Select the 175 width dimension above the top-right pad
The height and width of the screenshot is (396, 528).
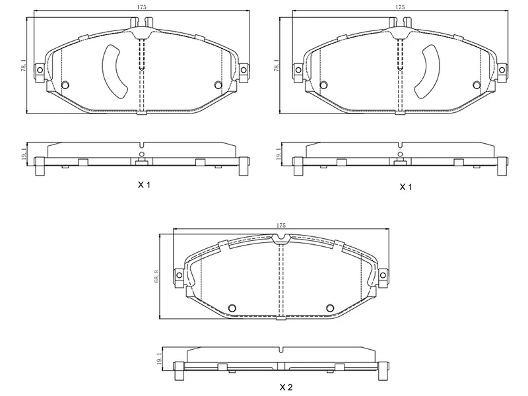[x=399, y=7]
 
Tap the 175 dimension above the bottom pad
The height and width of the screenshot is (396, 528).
[x=281, y=226]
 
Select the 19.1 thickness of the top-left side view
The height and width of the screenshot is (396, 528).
[x=24, y=154]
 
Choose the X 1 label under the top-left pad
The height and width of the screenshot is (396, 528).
[x=144, y=186]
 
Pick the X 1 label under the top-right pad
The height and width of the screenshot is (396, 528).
[x=405, y=187]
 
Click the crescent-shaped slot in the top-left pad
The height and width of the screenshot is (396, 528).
[x=113, y=69]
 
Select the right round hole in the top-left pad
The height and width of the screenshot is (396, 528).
[x=220, y=84]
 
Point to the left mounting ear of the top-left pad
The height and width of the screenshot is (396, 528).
[x=40, y=71]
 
